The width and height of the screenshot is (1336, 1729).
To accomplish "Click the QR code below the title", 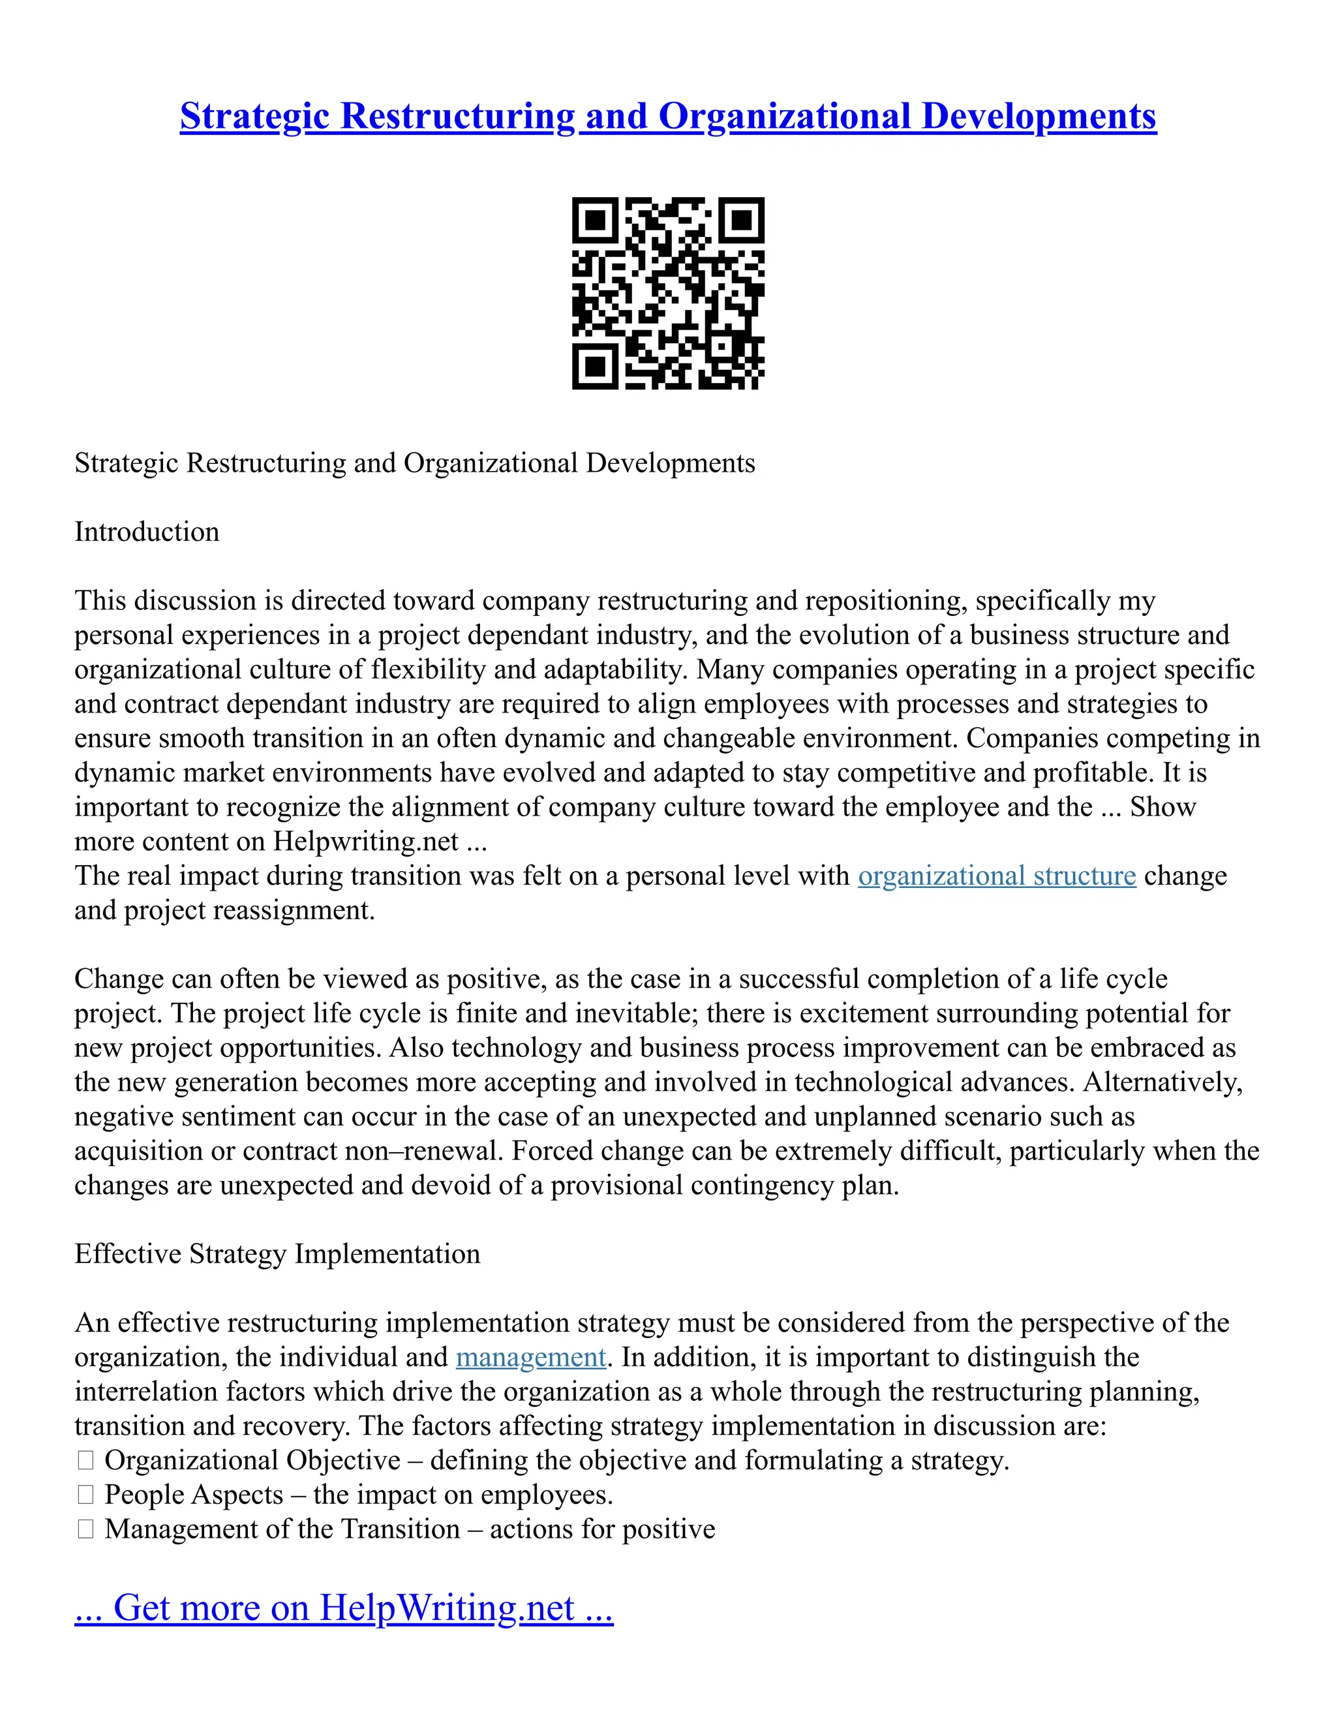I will (668, 293).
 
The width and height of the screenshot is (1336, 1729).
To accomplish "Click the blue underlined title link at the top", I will (668, 116).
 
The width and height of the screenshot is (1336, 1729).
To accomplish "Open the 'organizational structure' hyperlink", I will (997, 876).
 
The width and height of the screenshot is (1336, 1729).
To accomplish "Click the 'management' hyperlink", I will (530, 1357).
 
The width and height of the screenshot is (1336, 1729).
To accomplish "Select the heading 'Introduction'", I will (146, 532).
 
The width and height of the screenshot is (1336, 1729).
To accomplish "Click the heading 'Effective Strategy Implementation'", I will (277, 1254).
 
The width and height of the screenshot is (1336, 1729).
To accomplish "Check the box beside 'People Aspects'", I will (85, 1495).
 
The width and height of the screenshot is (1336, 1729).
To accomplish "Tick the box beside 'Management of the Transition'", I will (85, 1529).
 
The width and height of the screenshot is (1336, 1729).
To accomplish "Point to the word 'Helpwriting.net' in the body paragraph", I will (366, 842).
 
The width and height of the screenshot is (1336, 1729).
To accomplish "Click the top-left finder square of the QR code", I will (594, 219).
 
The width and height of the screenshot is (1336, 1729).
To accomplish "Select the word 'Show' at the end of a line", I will (1162, 808).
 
